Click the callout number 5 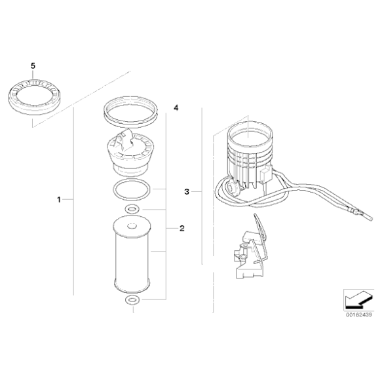click(x=33, y=66)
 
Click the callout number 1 click(x=59, y=200)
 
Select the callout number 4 click(x=176, y=108)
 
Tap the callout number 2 click(x=182, y=228)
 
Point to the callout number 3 click(x=187, y=192)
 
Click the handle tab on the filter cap click(x=124, y=140)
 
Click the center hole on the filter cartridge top click(x=132, y=226)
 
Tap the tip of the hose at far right click(x=371, y=219)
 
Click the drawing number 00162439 click(x=358, y=314)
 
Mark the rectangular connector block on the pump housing click(x=265, y=174)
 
